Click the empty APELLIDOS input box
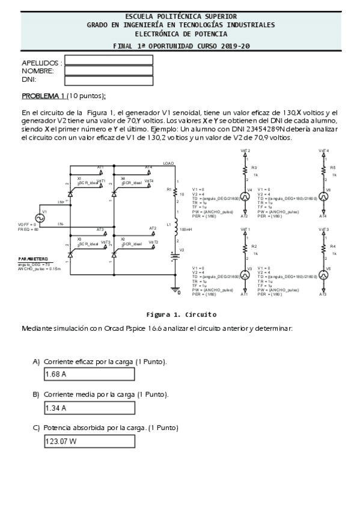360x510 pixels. pos(100,60)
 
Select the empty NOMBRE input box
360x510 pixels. pos(100,70)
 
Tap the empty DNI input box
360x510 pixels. pos(100,80)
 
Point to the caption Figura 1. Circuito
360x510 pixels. pos(182,314)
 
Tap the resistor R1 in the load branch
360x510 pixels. pos(175,193)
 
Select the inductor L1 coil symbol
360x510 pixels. pos(175,229)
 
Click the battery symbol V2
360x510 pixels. pos(175,256)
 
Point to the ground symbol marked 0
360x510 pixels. pos(175,290)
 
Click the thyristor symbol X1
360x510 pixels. pos(71,191)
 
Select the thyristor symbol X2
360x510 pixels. pos(114,255)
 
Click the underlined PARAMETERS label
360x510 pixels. pos(32,259)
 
